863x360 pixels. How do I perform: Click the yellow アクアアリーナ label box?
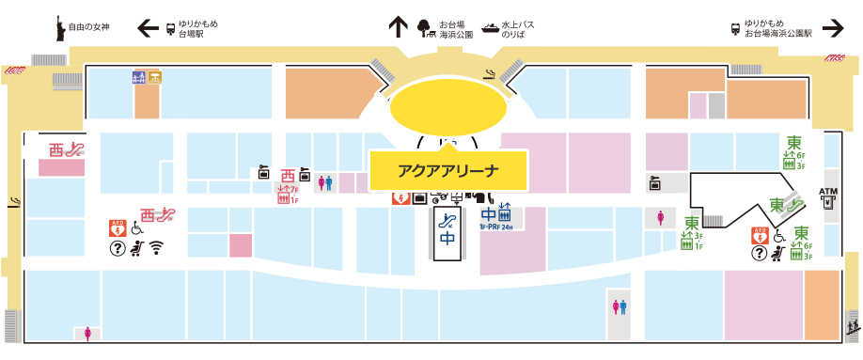pyautogui.click(x=447, y=170)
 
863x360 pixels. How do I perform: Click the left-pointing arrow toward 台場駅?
pyautogui.click(x=149, y=28)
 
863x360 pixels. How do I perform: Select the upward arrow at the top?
pyautogui.click(x=397, y=26)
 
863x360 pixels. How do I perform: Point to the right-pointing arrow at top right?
pyautogui.click(x=832, y=28)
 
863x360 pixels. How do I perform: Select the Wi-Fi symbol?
pyautogui.click(x=156, y=248)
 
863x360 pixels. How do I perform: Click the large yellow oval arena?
pyautogui.click(x=447, y=107)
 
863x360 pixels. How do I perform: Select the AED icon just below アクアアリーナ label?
pyautogui.click(x=400, y=197)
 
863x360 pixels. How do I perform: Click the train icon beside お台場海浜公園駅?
pyautogui.click(x=734, y=27)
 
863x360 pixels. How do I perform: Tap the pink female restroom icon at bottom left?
pyautogui.click(x=88, y=332)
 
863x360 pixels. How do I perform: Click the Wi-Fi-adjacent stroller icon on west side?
pyautogui.click(x=137, y=248)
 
